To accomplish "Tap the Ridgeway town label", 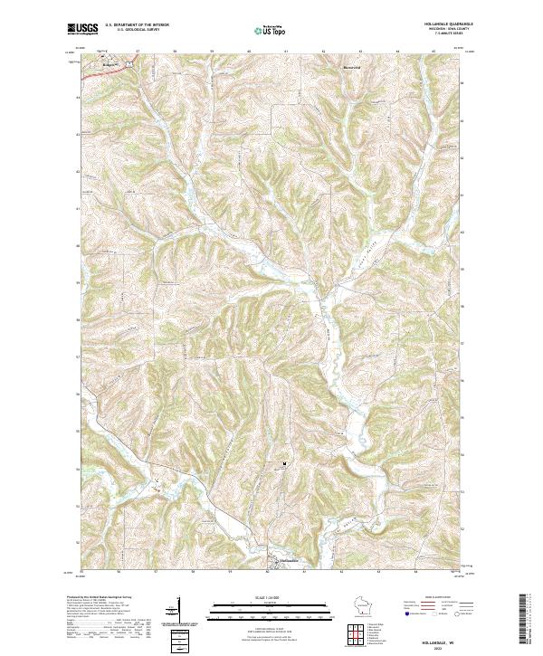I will click(x=111, y=66).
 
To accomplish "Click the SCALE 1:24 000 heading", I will click(x=271, y=597).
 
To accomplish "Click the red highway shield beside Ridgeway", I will click(x=129, y=64).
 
